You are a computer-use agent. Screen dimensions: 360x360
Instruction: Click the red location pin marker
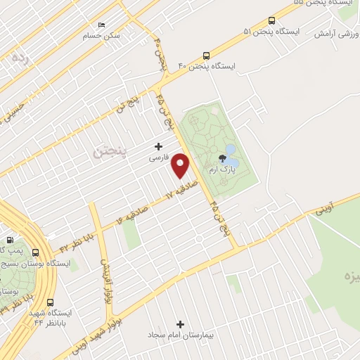pyautogui.click(x=181, y=167)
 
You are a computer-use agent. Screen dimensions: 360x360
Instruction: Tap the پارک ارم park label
pyautogui.click(x=221, y=170)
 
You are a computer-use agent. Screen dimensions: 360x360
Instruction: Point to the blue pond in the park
pyautogui.click(x=230, y=153)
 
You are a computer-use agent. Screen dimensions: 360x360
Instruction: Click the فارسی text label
pyautogui.click(x=158, y=159)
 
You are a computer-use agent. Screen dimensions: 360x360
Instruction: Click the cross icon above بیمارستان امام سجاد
pyautogui.click(x=181, y=324)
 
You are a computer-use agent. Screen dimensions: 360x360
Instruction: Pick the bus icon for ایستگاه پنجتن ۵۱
pyautogui.click(x=272, y=20)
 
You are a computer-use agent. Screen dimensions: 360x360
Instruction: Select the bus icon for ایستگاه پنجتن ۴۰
pyautogui.click(x=206, y=55)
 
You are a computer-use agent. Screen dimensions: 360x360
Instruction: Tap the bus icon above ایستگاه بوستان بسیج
pyautogui.click(x=35, y=252)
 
